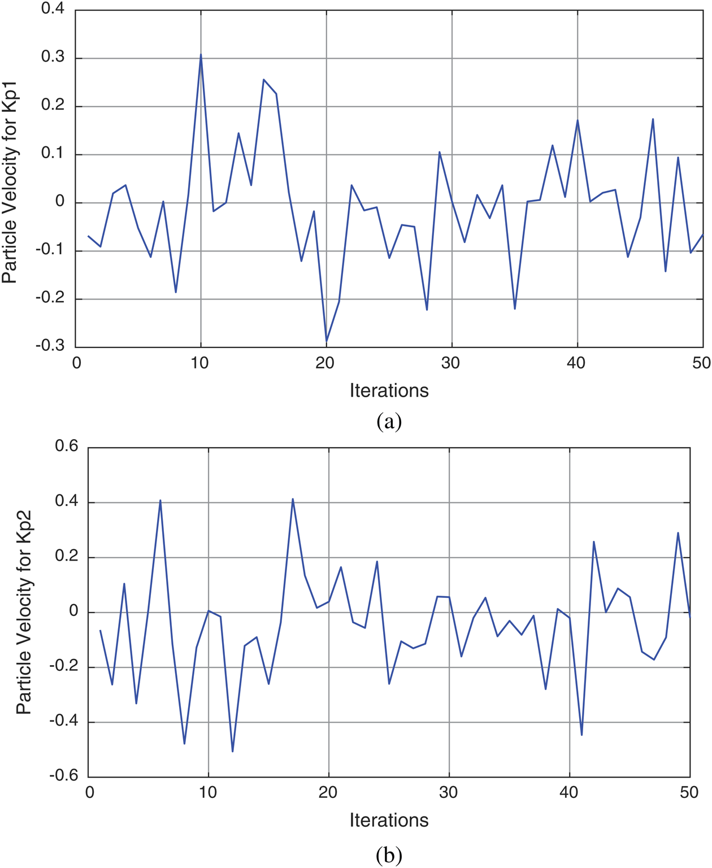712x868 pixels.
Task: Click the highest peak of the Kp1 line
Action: [201, 55]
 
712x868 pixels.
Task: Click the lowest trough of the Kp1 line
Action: [327, 341]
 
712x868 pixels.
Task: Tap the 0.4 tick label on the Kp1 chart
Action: [53, 10]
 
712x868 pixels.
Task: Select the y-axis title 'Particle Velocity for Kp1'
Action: [10, 183]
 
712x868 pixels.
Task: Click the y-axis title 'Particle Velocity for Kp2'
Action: [24, 612]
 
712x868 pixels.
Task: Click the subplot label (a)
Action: [389, 422]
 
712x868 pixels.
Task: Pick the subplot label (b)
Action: [389, 855]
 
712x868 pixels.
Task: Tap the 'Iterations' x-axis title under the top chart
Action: [389, 390]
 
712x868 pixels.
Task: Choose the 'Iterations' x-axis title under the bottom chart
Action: [389, 820]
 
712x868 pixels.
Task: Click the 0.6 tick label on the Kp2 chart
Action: [66, 446]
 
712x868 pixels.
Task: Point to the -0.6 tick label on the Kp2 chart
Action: [63, 775]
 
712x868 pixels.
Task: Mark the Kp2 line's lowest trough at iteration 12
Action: [233, 751]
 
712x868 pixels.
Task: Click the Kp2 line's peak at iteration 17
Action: [293, 499]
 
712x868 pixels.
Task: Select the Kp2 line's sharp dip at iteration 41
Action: [581, 735]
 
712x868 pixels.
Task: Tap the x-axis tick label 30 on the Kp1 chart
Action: [451, 363]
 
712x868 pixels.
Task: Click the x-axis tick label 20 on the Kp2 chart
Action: [328, 792]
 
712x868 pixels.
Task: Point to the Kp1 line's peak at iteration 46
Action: [653, 119]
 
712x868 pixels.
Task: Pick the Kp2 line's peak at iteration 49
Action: [678, 533]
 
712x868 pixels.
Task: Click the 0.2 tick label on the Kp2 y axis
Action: [66, 556]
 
